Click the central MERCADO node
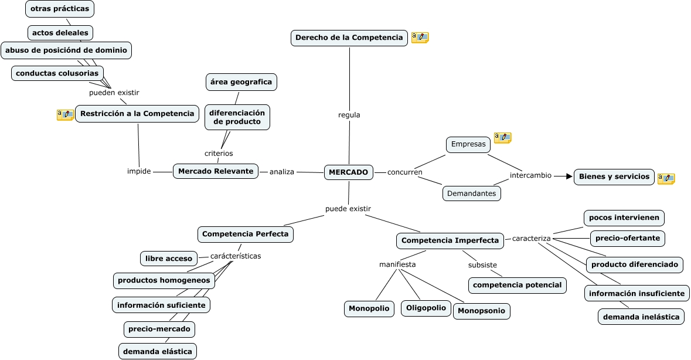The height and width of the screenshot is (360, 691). (349, 172)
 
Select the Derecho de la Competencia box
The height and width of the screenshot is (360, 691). (349, 38)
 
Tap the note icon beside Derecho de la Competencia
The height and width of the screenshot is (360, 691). (420, 38)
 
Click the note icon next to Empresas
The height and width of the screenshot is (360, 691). (502, 138)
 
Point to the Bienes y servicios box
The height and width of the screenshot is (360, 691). (614, 176)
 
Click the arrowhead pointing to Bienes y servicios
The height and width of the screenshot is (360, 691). (569, 176)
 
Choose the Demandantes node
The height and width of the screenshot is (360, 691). (472, 193)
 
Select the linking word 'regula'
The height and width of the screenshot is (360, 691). (349, 115)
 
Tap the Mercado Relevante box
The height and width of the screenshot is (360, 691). (216, 171)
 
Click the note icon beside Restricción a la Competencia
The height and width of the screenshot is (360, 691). (65, 115)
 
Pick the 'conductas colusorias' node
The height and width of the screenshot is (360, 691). (57, 73)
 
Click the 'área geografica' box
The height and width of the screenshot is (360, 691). (241, 82)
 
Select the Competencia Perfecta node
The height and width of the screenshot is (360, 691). (246, 234)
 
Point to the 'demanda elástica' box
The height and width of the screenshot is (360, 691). (157, 352)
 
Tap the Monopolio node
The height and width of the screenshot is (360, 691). (369, 308)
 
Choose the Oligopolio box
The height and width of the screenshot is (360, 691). (426, 308)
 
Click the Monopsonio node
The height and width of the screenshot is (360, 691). (481, 311)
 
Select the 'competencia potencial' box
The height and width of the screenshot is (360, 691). (517, 285)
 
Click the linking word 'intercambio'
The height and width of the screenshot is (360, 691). (530, 175)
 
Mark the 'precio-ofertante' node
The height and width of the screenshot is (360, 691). (628, 239)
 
